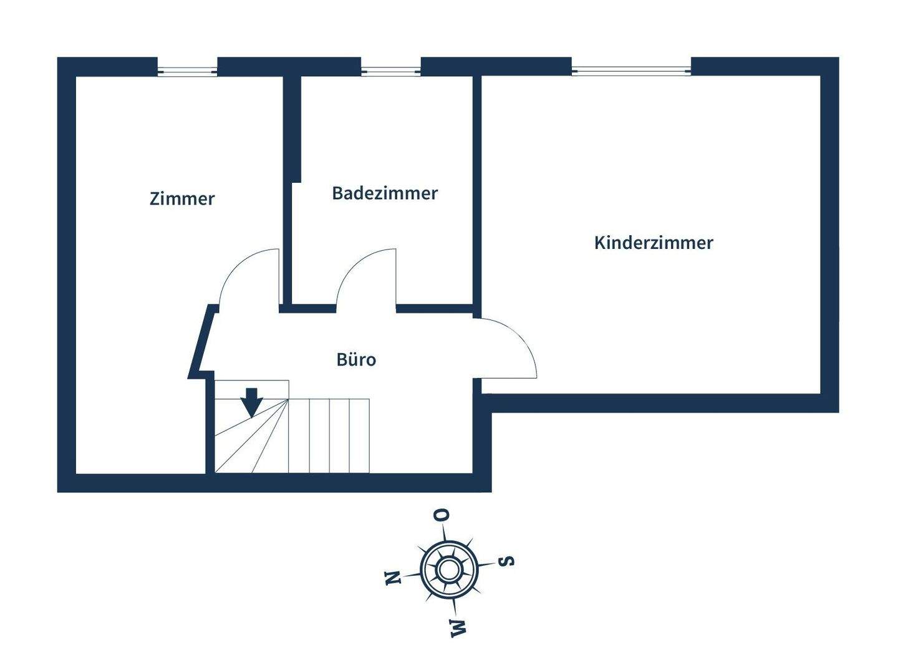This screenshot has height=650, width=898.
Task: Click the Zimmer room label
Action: pos(182,199)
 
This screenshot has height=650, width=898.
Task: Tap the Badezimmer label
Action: pos(385,193)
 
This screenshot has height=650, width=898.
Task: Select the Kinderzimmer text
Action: pos(653,243)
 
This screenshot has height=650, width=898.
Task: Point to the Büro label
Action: pos(356,360)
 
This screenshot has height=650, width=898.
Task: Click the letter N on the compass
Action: pos(392,578)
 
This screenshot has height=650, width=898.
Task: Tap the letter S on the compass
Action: pos(508,560)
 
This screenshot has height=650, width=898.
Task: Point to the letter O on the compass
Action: pos(442,515)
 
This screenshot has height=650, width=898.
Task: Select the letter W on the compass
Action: pos(458,628)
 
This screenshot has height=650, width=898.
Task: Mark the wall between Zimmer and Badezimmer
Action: pos(289,187)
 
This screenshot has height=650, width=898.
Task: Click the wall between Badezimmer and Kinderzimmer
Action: pos(476,187)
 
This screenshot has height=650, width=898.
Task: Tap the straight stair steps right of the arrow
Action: pos(329,435)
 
